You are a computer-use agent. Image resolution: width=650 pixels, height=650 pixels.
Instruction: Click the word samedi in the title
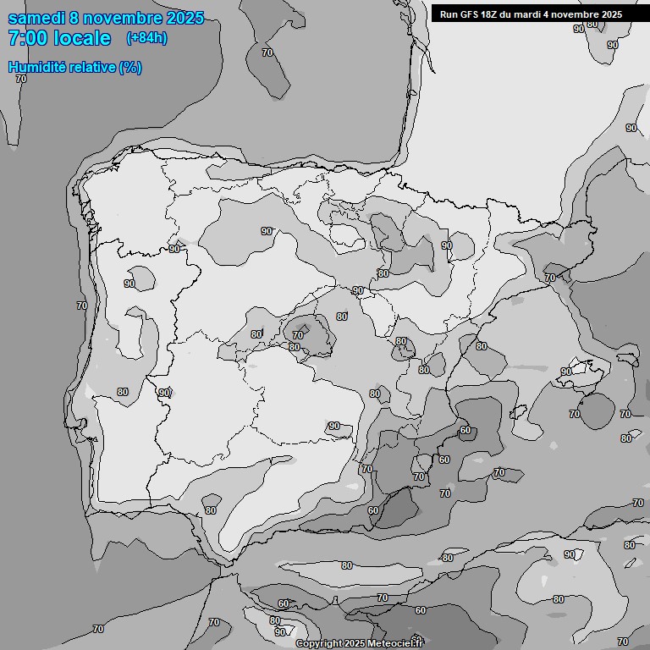point(36,18)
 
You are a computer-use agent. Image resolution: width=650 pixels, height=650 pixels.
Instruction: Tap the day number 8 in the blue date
point(74,18)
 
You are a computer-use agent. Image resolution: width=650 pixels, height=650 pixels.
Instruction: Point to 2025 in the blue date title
point(184,18)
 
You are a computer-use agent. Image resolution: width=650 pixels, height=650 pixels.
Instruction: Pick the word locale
point(83,38)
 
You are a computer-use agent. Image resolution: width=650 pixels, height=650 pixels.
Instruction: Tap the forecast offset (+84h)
point(146,38)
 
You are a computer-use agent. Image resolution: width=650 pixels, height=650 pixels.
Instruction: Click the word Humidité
point(36,67)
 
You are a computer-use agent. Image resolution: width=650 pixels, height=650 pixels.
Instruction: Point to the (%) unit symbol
point(130,67)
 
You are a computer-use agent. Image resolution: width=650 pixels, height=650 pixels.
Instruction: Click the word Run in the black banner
point(449,14)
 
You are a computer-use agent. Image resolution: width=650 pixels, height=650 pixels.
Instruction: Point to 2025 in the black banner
point(611,14)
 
